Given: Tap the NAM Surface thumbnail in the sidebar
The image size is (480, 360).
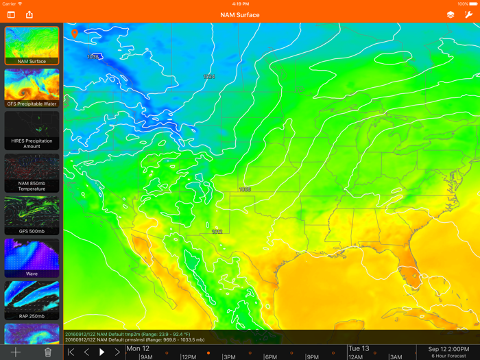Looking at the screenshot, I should tap(32, 45).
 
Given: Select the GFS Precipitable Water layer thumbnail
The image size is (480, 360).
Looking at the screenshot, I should tap(32, 88).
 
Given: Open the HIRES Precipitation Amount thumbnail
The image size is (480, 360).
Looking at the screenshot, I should tap(32, 130).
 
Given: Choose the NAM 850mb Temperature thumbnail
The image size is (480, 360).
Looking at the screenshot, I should tap(32, 173).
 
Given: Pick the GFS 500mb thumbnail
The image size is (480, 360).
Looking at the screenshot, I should tap(32, 215).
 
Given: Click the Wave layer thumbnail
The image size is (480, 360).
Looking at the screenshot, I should tap(32, 258).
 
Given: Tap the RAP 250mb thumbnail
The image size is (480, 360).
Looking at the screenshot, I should tap(32, 300).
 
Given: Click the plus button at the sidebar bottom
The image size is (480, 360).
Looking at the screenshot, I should tap(16, 352).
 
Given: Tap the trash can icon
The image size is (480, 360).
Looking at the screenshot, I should tap(48, 352).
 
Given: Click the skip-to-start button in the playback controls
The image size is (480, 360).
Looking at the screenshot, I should tap(71, 352).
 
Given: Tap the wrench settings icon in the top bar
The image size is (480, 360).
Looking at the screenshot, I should tap(469, 14).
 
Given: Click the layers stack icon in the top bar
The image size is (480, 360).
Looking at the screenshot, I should tap(451, 14).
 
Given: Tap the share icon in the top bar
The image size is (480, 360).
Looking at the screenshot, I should tap(29, 14).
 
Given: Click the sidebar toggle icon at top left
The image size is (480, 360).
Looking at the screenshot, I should tap(11, 14).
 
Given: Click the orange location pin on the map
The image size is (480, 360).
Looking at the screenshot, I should tap(75, 33).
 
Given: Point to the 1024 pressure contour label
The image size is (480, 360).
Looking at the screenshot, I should tap(209, 77).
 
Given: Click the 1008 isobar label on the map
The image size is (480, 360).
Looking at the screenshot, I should tap(245, 189).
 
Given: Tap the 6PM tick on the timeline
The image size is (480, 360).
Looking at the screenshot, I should tap(271, 356).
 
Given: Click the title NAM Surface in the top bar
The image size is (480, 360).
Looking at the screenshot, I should tap(240, 14).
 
